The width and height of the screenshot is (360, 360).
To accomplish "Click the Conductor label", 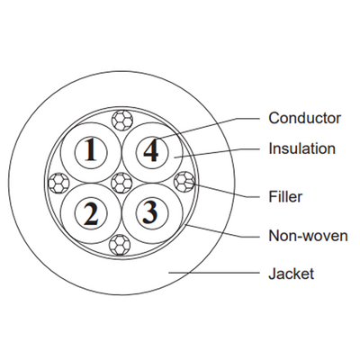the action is coord(304,118).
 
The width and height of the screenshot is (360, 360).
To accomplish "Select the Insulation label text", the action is coord(301,148).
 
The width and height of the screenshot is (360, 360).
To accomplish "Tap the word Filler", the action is coord(285,197).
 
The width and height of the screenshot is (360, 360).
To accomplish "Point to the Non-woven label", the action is coord(308,236).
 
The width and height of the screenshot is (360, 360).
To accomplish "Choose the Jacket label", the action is coord(291,274).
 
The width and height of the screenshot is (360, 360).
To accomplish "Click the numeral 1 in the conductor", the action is coord(91,149).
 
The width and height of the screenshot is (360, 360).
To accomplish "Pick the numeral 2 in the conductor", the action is coord(91,213).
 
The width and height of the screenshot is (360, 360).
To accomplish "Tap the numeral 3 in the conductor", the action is coord(151,212).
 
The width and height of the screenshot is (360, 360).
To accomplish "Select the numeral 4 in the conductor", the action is coord(151,149).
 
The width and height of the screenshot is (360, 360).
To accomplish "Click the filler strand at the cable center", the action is coord(121,183).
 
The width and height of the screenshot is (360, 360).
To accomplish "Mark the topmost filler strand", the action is coord(121,120).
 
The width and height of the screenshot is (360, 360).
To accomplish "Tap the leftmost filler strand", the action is coord(58,183).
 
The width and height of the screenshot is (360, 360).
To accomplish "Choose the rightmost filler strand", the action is coord(184,182).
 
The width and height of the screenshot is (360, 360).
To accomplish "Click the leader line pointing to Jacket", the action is coord(214,273).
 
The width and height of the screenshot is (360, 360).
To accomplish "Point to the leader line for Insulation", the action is coord(217,152).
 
